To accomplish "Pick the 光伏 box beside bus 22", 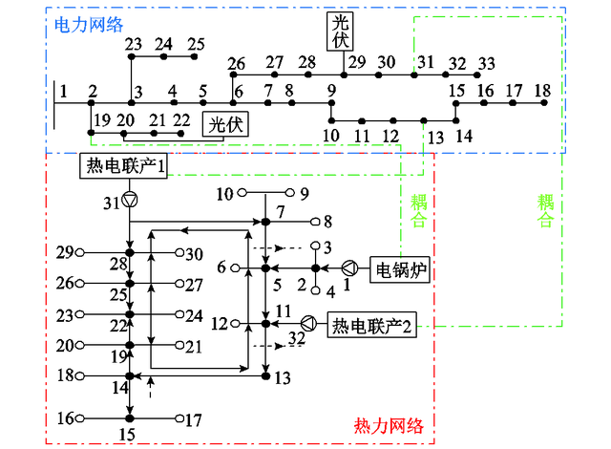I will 222,123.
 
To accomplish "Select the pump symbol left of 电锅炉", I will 351,268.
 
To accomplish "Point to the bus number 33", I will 486,63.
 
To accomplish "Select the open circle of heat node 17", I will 178,418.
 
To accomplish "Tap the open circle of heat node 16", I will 82,418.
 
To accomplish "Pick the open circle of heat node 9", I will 290,194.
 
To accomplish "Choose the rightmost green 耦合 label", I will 545,210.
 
